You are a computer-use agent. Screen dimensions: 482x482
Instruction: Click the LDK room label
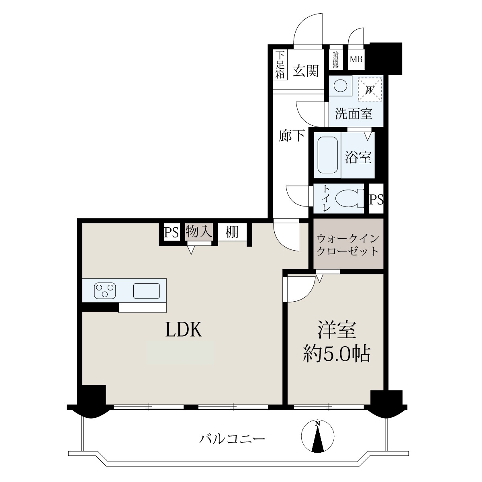(184, 329)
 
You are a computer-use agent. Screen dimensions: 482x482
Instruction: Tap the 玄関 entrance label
(306, 71)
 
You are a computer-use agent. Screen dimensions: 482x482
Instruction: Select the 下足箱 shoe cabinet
(280, 65)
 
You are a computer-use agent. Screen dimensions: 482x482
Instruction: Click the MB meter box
(356, 59)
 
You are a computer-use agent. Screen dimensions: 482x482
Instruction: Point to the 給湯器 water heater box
(336, 60)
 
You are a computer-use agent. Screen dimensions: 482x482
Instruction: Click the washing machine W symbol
(370, 89)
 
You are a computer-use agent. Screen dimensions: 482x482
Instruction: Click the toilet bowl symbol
(349, 198)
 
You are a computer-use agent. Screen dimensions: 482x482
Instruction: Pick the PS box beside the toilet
(376, 198)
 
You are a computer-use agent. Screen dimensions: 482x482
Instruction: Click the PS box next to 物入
(172, 232)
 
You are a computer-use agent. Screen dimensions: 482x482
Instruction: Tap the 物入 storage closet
(199, 232)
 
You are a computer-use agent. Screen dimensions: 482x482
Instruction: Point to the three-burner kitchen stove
(105, 290)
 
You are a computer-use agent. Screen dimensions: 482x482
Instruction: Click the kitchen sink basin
(147, 291)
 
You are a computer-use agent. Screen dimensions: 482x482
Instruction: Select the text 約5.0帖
(337, 354)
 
